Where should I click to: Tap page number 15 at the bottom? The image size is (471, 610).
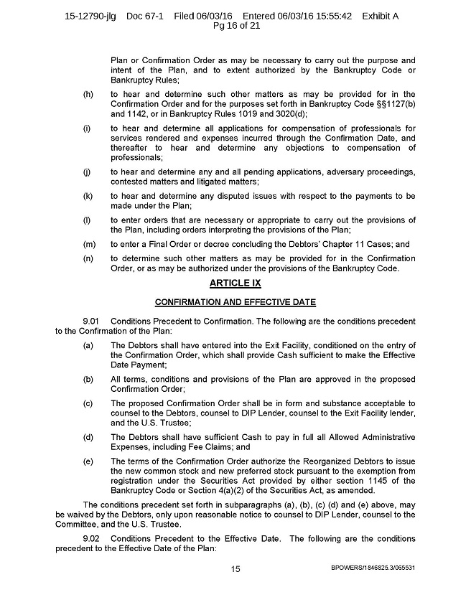[x=235, y=568]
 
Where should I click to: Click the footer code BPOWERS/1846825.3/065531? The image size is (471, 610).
[x=373, y=568]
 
